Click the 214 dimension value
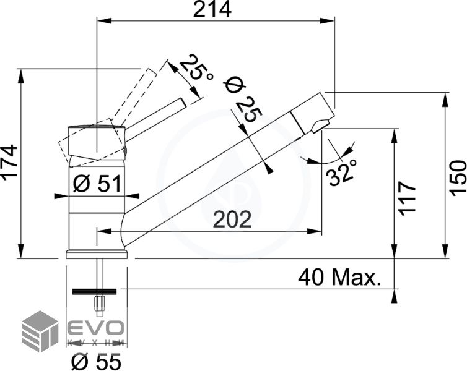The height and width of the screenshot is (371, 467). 213,10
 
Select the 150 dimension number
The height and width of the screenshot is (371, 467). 458,178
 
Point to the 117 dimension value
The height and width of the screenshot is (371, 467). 407,197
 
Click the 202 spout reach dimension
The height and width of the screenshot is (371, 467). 232,220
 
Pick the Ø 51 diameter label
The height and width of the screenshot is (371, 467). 95,184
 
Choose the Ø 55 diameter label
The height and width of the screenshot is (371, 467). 96,359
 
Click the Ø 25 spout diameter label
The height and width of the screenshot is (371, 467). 243,99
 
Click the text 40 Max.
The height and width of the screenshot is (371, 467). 339,277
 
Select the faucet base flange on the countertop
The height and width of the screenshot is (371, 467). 97,254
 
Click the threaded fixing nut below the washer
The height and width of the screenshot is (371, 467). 97,303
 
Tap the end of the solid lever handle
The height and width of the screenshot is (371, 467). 181,102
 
